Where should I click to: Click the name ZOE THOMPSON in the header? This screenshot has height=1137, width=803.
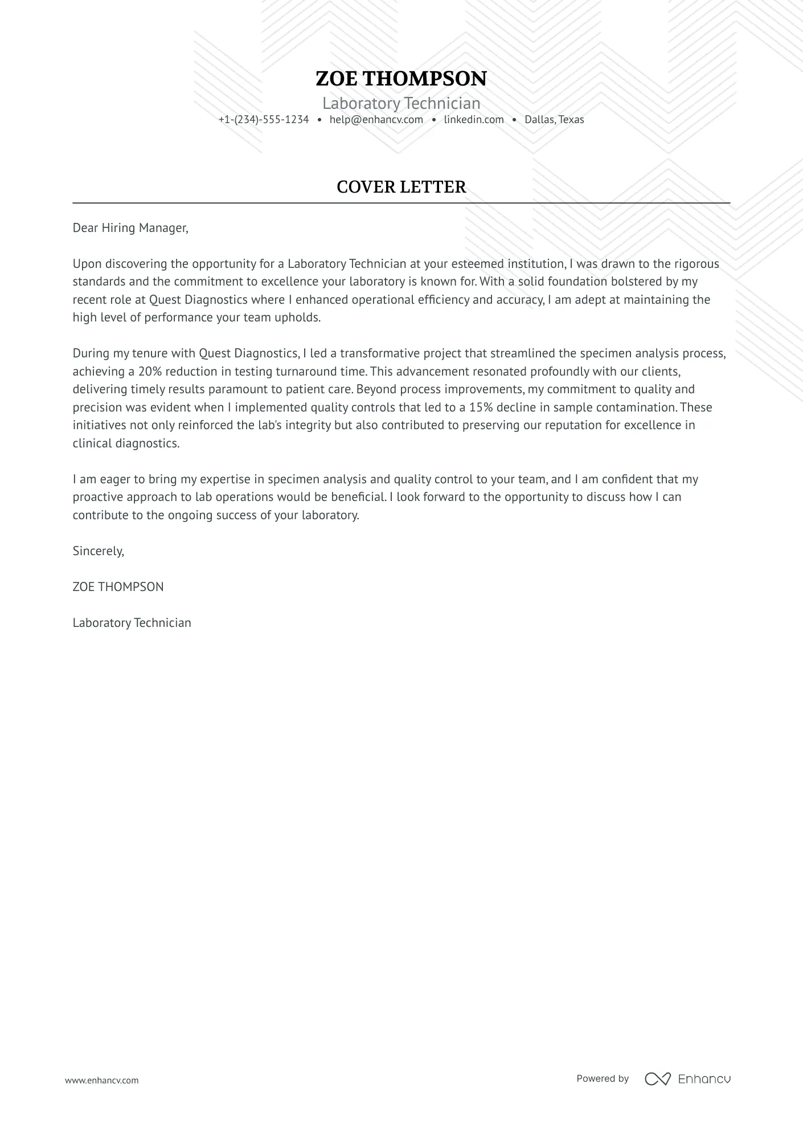pos(401,79)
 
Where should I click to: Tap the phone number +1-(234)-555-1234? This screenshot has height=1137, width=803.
pos(264,120)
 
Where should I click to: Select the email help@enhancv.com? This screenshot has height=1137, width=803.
pos(376,120)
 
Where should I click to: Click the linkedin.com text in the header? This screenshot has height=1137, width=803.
pos(474,120)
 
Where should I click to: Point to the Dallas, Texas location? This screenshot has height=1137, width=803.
pos(554,120)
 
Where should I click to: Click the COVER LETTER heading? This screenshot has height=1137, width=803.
pos(401,187)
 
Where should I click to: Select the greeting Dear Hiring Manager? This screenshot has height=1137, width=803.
pos(130,228)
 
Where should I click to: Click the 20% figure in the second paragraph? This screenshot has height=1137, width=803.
pos(150,372)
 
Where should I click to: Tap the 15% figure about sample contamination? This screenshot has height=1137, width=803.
pos(481,407)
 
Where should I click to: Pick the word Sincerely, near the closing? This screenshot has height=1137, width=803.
pos(99,551)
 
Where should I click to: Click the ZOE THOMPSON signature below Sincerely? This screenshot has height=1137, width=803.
pos(118,587)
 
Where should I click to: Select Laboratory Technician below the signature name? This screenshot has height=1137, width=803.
pos(132,623)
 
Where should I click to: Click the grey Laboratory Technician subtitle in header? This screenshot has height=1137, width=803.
pos(401,103)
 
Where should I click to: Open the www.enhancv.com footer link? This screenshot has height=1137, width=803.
pos(101,1080)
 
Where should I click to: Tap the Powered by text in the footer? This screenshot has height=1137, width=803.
pos(603,1078)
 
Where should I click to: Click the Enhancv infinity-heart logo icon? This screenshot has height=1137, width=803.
pos(658,1079)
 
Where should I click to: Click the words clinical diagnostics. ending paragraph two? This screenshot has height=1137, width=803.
pos(126,443)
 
